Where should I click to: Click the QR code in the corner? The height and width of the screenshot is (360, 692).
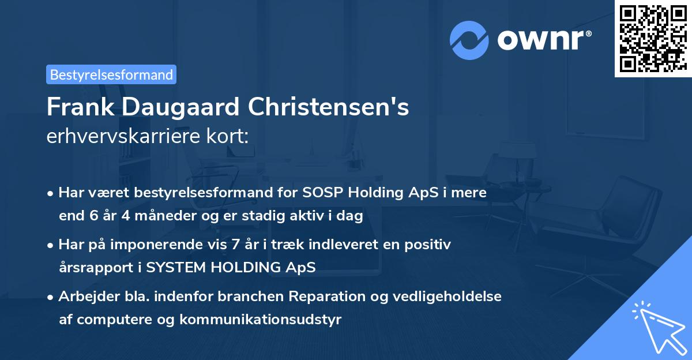click(x=653, y=39)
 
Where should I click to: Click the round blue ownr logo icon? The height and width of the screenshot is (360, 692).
click(x=469, y=40)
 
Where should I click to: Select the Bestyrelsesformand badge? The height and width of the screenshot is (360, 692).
click(x=111, y=74)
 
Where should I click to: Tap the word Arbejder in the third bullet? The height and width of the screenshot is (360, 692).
click(x=84, y=297)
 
